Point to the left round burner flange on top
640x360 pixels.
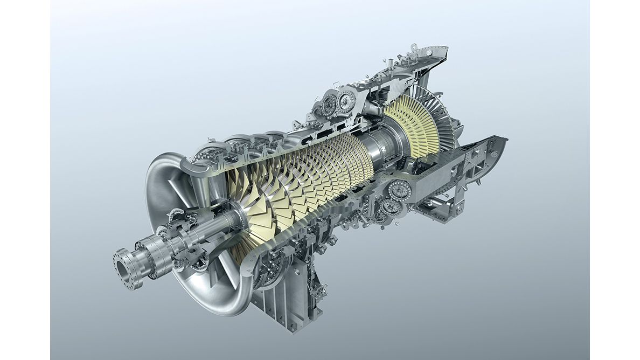(x=330, y=102)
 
